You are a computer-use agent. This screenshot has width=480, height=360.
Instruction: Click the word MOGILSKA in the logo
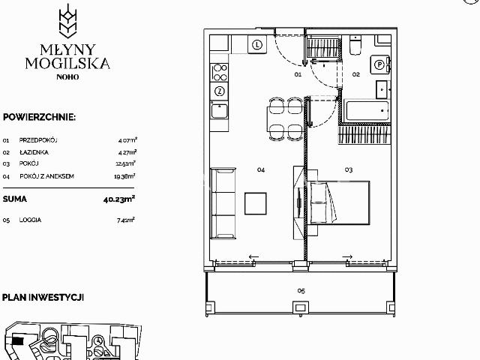pyautogui.click(x=67, y=64)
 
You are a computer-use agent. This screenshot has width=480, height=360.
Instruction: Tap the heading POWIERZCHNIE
pyautogui.click(x=39, y=117)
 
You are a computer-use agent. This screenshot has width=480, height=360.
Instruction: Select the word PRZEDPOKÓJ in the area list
pyautogui.click(x=40, y=140)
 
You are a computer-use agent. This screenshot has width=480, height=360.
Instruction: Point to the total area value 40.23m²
pyautogui.click(x=119, y=199)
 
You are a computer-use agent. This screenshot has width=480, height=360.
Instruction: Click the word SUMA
pyautogui.click(x=16, y=199)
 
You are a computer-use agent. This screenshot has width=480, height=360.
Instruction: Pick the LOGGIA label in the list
pyautogui.click(x=31, y=220)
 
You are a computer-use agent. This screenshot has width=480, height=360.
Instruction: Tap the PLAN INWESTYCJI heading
pyautogui.click(x=42, y=298)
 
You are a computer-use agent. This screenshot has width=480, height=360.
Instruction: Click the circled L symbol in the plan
pyautogui.click(x=257, y=44)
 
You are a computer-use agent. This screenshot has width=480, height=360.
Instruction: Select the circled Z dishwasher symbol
pyautogui.click(x=220, y=91)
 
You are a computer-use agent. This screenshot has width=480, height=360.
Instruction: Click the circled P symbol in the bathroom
pyautogui.click(x=379, y=65)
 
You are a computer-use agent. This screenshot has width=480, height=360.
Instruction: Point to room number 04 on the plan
pyautogui.click(x=261, y=170)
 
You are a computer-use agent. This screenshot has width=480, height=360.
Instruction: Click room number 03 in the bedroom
pyautogui.click(x=348, y=170)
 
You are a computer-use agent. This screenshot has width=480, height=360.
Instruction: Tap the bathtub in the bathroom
pyautogui.click(x=367, y=112)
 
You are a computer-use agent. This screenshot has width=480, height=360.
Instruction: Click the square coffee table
pyautogui.click(x=256, y=203)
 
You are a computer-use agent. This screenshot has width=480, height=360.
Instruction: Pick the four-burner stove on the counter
pyautogui.click(x=220, y=72)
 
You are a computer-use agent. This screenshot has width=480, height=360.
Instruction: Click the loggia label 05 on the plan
pyautogui.click(x=300, y=290)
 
